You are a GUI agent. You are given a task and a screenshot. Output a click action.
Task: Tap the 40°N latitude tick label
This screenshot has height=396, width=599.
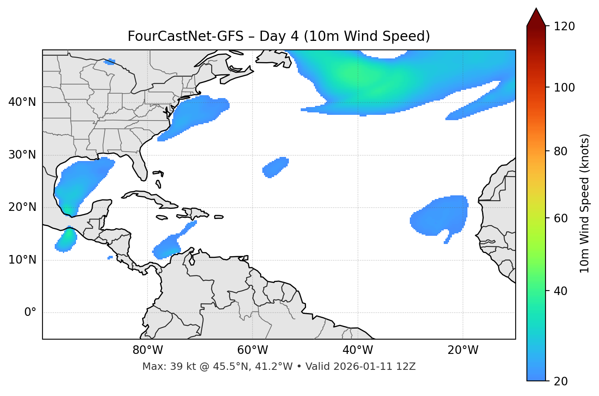tap(22, 102)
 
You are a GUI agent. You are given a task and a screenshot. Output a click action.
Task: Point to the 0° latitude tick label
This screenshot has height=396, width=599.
tap(30, 313)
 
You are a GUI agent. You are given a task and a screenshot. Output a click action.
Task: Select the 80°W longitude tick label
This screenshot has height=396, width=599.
tap(148, 350)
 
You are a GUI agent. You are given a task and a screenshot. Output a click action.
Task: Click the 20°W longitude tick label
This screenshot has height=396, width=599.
tap(463, 350)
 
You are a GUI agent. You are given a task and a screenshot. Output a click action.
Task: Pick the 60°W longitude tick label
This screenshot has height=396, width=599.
tap(253, 350)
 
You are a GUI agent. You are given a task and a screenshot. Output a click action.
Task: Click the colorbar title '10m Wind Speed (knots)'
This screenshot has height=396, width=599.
tap(585, 203)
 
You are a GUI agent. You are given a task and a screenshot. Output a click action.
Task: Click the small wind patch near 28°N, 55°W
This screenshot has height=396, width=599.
tap(276, 167)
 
